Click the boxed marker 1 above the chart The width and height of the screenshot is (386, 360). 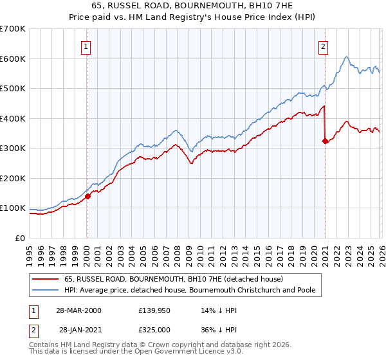(86, 46)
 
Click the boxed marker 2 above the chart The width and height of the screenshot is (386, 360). (323, 46)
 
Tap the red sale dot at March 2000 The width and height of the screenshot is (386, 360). (88, 197)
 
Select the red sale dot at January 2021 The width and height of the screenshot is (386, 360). (325, 141)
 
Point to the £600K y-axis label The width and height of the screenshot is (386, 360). (13, 59)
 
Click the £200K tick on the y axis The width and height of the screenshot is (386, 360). (13, 178)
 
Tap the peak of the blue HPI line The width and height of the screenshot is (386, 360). (346, 57)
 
